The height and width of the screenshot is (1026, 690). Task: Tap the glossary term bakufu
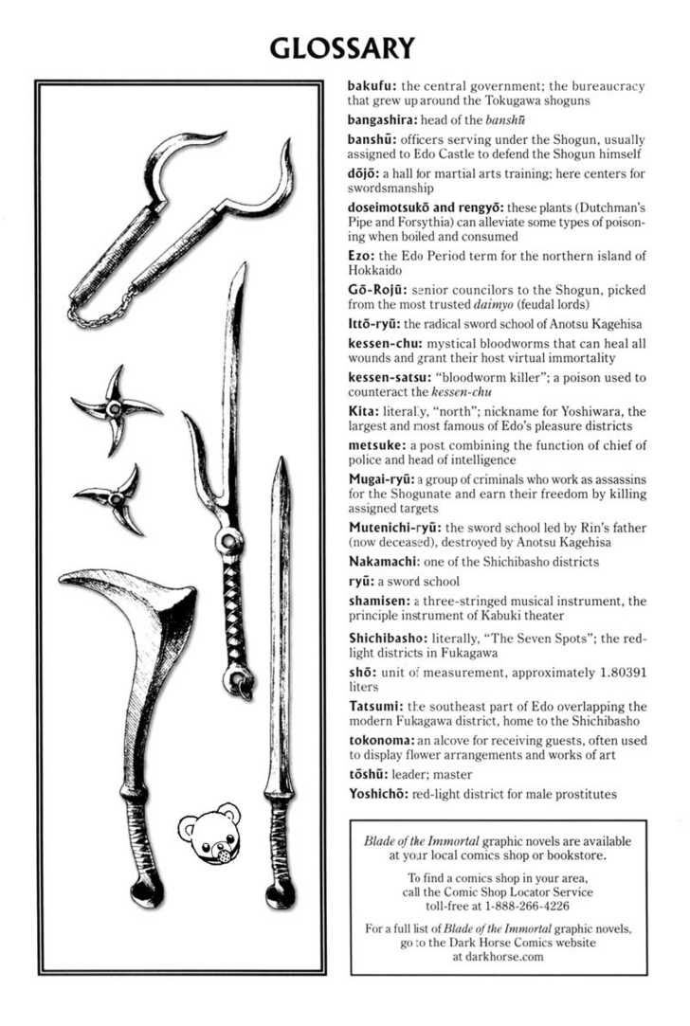click(372, 86)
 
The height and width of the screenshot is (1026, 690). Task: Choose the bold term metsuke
click(378, 445)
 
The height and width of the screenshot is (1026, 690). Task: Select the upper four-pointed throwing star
click(117, 408)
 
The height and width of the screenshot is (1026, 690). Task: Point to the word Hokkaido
click(378, 270)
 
